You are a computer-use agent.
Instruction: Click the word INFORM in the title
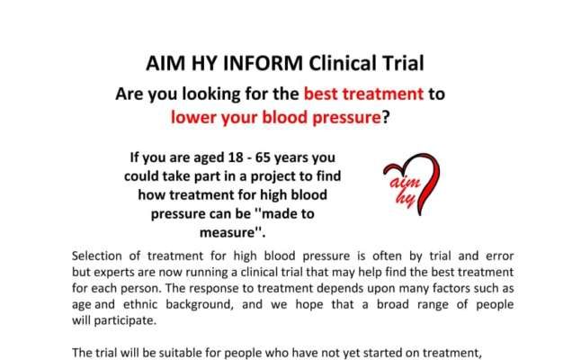point(263,63)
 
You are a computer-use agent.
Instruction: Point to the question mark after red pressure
point(386,118)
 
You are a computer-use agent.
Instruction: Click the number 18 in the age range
point(236,157)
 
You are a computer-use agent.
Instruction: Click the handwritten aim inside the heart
point(405,182)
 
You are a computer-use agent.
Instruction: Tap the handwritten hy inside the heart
point(406,199)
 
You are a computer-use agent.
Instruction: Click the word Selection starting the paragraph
point(96,256)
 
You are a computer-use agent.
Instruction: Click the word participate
point(124,320)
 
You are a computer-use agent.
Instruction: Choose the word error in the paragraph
point(500,256)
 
